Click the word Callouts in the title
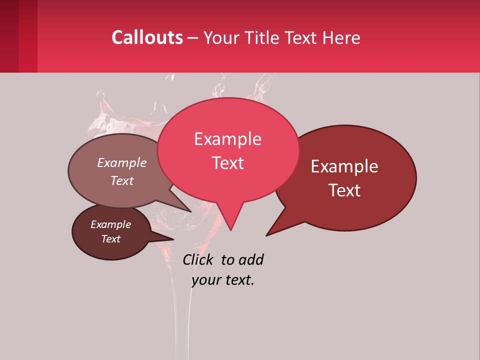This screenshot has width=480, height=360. pos(147,37)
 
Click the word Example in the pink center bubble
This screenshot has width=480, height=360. pos(227,139)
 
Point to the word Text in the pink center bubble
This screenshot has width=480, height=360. pos(227,163)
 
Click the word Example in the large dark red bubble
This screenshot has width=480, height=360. pos(344,166)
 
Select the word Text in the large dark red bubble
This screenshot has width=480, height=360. pos(344,190)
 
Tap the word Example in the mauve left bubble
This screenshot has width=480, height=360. pos(122,163)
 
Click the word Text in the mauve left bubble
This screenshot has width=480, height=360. pos(122,181)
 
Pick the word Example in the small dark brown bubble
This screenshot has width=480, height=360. pos(110,224)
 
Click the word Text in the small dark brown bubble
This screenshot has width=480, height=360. pos(110,239)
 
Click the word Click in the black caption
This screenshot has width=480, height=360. pos(197,259)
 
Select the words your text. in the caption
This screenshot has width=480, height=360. pos(223,280)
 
